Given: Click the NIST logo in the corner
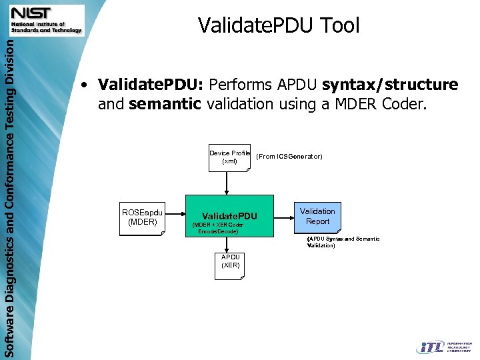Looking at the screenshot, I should [46, 20].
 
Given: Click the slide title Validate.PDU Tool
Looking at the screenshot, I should [279, 25].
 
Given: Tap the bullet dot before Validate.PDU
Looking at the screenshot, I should [83, 85].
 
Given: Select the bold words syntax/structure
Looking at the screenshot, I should [390, 85].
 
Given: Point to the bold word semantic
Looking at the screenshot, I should [165, 104].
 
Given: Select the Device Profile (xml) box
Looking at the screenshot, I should [229, 158].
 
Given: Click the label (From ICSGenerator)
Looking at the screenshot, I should [289, 157].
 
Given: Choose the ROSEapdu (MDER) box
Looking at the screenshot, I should [142, 217].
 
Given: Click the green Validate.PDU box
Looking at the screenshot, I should [229, 216].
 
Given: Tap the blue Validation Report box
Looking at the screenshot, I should [317, 217].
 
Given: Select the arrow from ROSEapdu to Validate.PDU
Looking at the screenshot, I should [174, 215].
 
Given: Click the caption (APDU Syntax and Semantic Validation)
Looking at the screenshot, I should [343, 242].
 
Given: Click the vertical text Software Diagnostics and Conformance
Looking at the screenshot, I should [8, 200].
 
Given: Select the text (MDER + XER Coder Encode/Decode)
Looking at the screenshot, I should [218, 228].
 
